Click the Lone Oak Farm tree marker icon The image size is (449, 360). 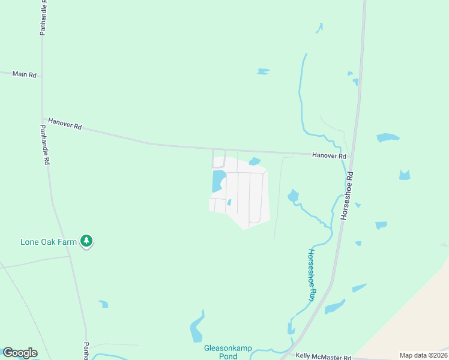point(87,241)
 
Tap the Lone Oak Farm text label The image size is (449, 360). point(49,242)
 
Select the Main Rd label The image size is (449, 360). point(25,74)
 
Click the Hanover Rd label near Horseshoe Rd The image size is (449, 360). point(329,156)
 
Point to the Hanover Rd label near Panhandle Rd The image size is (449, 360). point(65,124)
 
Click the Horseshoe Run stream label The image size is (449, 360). point(312,275)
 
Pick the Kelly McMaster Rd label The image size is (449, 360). point(324,358)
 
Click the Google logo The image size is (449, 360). point(20,353)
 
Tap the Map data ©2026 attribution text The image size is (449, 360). point(423,355)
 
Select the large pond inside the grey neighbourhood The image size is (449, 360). point(218,181)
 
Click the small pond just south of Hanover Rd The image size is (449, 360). point(255,161)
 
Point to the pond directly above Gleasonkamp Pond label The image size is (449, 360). point(197,328)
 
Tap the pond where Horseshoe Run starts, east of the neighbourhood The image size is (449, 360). point(293,196)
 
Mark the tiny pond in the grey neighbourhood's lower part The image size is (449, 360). point(229,202)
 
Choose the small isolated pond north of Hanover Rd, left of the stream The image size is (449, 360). point(262,71)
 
